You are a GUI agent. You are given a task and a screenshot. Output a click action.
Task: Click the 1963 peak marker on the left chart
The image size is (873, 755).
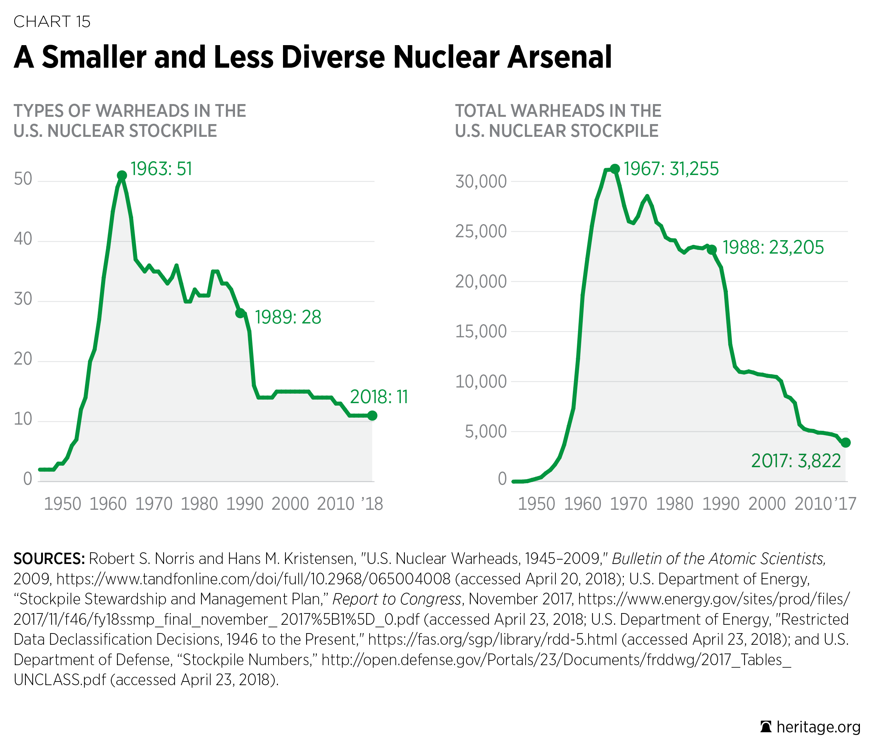122,175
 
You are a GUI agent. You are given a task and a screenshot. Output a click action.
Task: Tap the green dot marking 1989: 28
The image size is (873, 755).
240,313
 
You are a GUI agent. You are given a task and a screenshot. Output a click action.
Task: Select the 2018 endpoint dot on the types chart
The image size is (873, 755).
372,416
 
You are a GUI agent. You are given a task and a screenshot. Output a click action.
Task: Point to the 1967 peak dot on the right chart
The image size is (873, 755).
615,168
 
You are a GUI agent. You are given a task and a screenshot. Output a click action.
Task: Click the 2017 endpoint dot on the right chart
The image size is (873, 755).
846,442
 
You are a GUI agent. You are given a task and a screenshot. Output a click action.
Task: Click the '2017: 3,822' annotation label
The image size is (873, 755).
796,461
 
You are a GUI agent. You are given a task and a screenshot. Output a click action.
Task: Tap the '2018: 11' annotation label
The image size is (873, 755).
379,397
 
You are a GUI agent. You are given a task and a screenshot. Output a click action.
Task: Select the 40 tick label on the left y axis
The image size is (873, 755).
23,239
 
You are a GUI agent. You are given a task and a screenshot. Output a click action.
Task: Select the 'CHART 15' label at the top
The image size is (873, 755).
52,22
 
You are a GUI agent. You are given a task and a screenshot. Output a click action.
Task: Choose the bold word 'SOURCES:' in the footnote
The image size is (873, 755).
49,559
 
